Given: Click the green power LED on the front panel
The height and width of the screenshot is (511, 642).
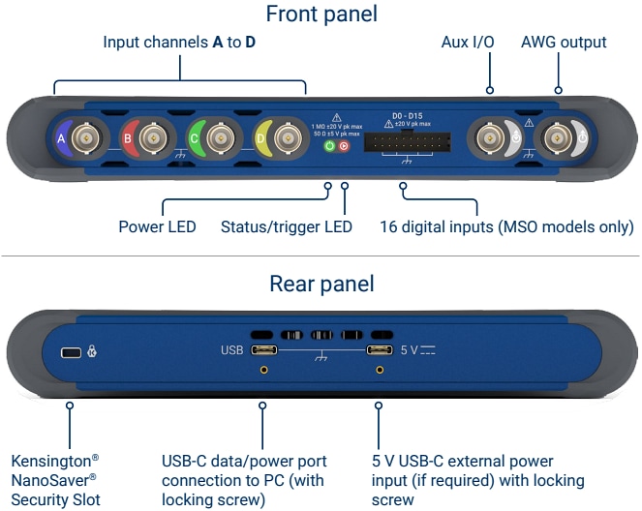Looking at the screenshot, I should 328,146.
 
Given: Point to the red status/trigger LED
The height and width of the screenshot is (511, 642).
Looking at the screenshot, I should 345,146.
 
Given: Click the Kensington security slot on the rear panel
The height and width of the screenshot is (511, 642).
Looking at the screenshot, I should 71,352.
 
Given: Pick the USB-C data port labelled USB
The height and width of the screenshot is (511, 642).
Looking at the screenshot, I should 262,350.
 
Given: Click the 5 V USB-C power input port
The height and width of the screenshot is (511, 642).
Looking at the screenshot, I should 379,350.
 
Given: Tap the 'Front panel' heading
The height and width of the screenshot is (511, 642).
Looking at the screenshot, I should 321,14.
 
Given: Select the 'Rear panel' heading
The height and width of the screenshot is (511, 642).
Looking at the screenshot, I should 321,285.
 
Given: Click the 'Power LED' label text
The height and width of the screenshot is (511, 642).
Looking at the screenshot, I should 157,227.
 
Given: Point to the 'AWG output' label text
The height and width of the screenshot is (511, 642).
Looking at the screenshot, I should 564,42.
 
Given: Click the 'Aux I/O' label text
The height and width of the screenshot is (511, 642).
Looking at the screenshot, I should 469,42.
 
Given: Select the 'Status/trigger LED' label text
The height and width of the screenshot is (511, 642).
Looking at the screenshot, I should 287,227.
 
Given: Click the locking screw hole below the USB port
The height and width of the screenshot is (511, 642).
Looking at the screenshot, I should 262,370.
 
